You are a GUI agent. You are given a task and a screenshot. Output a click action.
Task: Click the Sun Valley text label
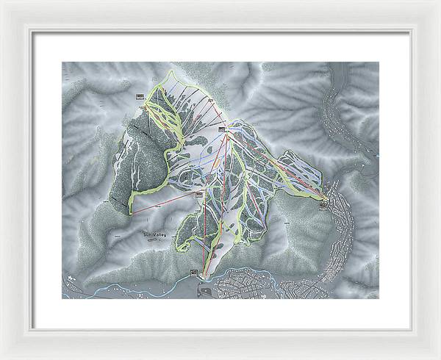click(155, 234)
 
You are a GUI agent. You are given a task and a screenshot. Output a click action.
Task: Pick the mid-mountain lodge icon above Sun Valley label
click(198, 194)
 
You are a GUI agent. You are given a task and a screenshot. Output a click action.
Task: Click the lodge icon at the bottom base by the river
click(194, 272)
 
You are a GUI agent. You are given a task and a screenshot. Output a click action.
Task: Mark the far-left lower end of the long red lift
click(132, 212)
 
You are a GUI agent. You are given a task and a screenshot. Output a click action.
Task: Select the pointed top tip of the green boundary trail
click(171, 71)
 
